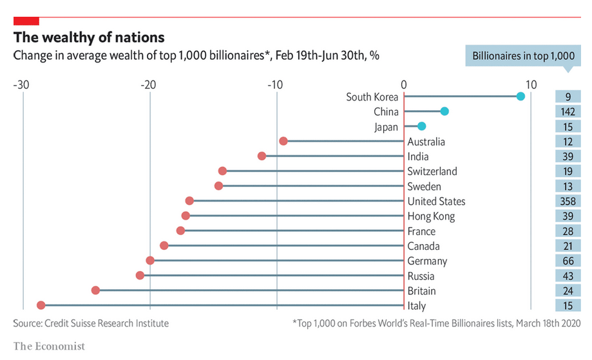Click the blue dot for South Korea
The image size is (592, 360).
520,97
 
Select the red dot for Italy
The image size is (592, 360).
41,305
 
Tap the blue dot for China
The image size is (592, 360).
444,111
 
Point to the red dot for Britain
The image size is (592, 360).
96,290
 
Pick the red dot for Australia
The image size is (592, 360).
283,141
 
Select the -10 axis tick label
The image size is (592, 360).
276,84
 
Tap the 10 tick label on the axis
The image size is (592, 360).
531,84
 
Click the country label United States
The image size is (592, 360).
436,201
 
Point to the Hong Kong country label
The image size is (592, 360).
431,216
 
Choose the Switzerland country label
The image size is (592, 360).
432,171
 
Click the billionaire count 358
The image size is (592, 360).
568,201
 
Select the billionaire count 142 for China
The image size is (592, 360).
568,111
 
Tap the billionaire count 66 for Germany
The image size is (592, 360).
568,261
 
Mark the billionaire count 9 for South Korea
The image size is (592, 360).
568,97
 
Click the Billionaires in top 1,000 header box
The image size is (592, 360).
523,56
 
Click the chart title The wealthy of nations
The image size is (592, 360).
89,37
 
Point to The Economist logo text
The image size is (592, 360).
49,346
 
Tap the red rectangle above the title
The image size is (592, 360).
26,21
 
